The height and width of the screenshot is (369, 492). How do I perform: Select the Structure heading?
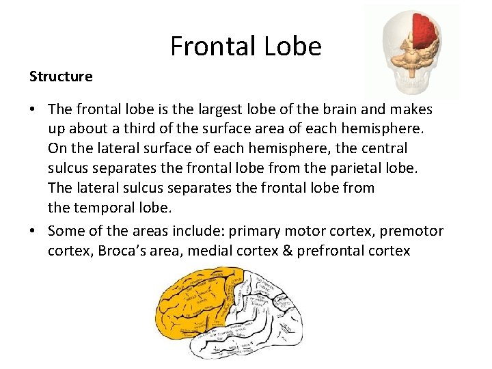[x=61, y=77]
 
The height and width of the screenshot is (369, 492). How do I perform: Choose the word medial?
[x=209, y=251]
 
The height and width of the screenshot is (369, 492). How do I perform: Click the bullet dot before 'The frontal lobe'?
[x=33, y=109]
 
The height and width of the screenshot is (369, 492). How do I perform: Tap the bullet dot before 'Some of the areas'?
[x=33, y=231]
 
